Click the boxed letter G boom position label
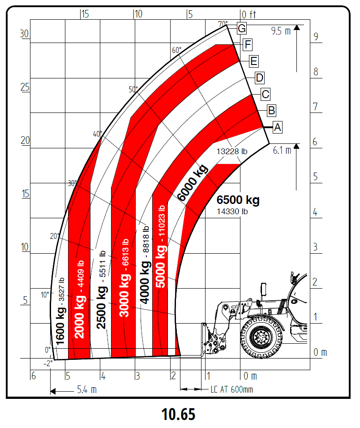[242, 28]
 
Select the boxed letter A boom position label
[277, 127]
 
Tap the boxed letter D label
[259, 78]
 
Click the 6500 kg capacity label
[238, 200]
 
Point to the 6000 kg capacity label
[193, 182]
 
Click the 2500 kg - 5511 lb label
[101, 290]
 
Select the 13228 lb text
[232, 151]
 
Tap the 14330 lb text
[232, 211]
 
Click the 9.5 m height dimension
[281, 31]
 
